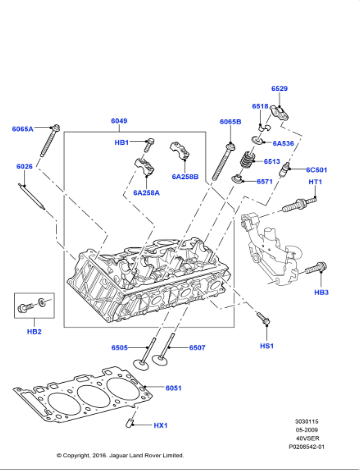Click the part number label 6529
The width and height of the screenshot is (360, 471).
[x=279, y=89]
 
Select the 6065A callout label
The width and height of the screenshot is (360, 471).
[x=23, y=129]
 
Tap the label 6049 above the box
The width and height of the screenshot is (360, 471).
[x=119, y=121]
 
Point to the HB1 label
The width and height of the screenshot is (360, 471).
[x=121, y=143]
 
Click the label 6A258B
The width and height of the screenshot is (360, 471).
[x=185, y=177]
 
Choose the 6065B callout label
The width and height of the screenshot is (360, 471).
[x=230, y=121]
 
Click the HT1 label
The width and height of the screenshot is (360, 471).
[x=315, y=182]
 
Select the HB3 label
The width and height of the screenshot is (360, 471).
[x=321, y=292]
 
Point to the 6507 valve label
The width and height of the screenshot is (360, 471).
[x=197, y=347]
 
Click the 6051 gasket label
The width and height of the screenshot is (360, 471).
[x=173, y=387]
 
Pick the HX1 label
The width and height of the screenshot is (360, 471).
[x=160, y=425]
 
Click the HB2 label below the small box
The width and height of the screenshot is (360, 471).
[x=33, y=331]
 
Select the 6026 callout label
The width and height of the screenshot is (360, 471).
[x=24, y=166]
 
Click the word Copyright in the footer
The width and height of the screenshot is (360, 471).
[x=99, y=453]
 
